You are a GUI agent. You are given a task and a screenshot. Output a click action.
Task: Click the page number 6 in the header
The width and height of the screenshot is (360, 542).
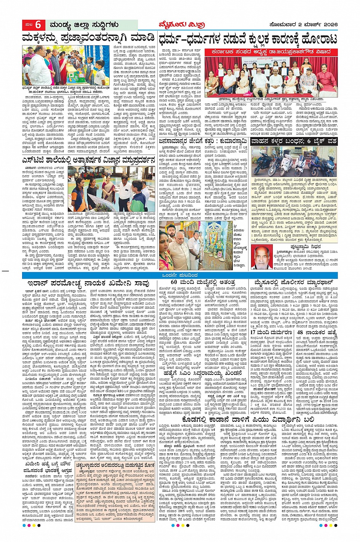tap(38, 25)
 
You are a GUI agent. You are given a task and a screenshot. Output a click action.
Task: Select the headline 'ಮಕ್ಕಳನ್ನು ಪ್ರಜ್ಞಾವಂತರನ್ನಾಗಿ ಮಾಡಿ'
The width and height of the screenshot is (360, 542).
tap(88, 38)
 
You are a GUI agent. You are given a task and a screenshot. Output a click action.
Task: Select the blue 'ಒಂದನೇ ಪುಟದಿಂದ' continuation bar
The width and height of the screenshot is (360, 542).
tap(180, 275)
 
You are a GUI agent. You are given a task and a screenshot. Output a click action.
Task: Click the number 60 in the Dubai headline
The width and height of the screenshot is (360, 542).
tap(174, 282)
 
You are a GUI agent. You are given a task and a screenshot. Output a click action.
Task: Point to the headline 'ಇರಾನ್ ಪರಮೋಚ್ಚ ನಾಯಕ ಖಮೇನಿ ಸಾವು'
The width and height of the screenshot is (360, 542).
tap(88, 283)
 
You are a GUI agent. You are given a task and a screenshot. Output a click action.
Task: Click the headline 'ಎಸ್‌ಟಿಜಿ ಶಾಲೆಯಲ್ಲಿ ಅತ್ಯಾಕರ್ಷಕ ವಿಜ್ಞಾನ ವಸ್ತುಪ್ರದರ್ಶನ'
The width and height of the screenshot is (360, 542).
tap(88, 160)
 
